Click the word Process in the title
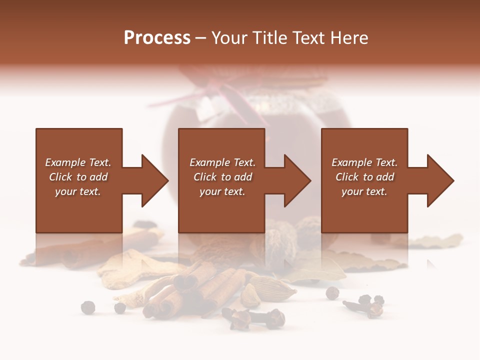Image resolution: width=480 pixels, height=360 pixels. click(157, 38)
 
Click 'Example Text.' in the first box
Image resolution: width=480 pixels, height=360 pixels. click(78, 162)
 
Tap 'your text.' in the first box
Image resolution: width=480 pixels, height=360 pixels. click(78, 191)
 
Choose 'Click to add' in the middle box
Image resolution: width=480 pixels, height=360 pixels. click(222, 177)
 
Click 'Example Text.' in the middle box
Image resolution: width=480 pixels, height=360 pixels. click(222, 162)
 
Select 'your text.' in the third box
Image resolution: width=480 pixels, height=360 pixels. click(364, 191)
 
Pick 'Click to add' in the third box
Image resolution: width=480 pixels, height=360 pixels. click(364, 177)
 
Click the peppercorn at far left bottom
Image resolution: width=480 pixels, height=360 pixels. click(88, 307)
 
